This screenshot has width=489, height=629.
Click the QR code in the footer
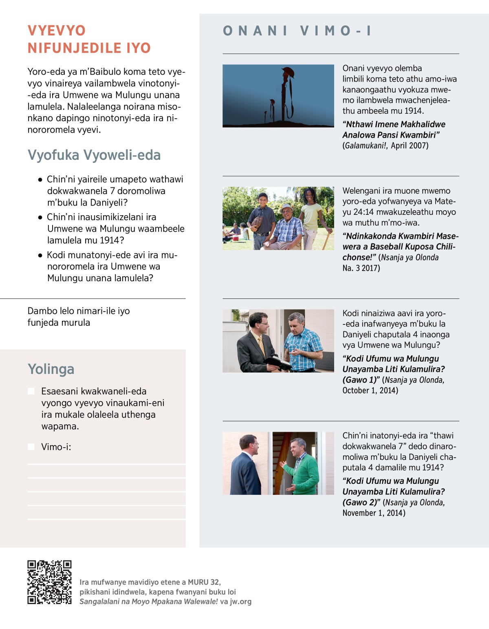point(49,582)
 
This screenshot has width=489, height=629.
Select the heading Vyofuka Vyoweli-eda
point(94,155)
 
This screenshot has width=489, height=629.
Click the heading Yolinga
point(51,369)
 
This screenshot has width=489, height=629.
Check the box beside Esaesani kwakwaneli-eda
point(31,391)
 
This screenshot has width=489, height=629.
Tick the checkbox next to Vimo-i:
point(31,447)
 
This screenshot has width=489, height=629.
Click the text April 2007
point(410,146)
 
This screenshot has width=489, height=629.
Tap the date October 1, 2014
point(370,391)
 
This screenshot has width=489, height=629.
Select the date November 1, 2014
point(374,513)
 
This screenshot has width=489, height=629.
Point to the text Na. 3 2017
point(361,268)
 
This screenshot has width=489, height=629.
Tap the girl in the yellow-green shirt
point(311,214)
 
